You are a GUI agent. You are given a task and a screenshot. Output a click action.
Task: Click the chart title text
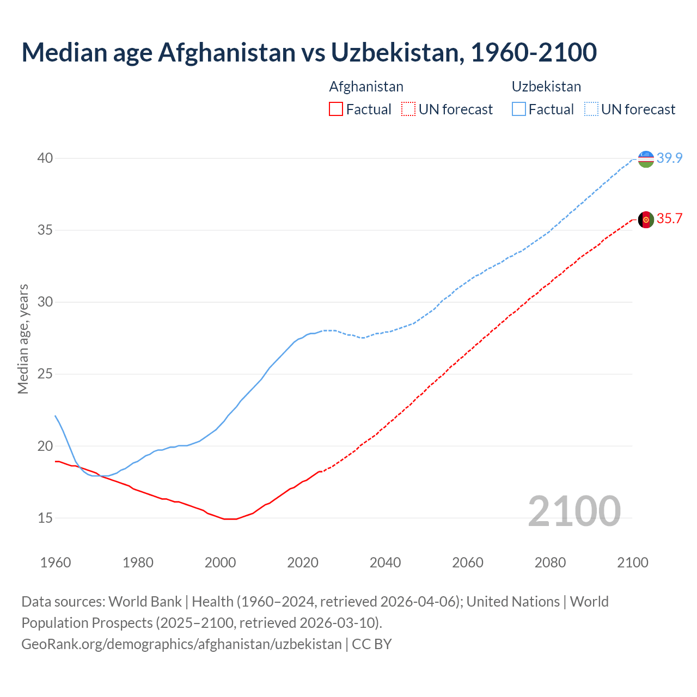pos(309,53)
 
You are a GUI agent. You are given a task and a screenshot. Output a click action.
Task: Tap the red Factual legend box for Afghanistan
pos(336,109)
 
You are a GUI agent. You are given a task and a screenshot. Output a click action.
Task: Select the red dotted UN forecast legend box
pos(408,109)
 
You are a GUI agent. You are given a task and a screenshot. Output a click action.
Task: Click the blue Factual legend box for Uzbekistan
pos(519,109)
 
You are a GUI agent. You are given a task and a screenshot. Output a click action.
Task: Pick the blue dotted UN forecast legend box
pos(591,109)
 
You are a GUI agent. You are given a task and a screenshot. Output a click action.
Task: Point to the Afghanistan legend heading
pos(366,87)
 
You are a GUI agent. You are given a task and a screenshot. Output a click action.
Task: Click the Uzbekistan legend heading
pos(546,87)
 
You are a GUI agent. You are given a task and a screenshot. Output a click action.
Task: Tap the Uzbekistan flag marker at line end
pos(646,159)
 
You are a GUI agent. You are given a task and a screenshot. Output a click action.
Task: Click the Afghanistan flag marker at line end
pos(646,219)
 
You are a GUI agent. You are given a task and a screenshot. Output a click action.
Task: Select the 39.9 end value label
pos(669,158)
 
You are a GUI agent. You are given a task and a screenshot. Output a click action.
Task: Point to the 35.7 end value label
pos(669,219)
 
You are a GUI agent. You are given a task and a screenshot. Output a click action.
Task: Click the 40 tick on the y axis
pos(45,158)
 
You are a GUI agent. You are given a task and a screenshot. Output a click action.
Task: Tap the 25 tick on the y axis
pos(45,374)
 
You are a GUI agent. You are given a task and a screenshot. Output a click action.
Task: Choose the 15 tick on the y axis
pos(45,518)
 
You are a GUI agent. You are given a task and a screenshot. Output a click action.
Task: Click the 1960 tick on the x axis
pos(56,563)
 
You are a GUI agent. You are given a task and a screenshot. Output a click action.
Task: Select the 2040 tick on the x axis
pos(385,563)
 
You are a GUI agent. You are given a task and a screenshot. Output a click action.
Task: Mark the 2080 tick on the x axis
pos(550,563)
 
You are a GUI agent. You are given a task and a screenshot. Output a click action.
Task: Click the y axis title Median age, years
pos(23,339)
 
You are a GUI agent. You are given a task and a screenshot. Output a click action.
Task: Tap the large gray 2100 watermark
pos(574,511)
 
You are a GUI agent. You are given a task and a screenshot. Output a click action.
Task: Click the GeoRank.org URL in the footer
pos(181,644)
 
